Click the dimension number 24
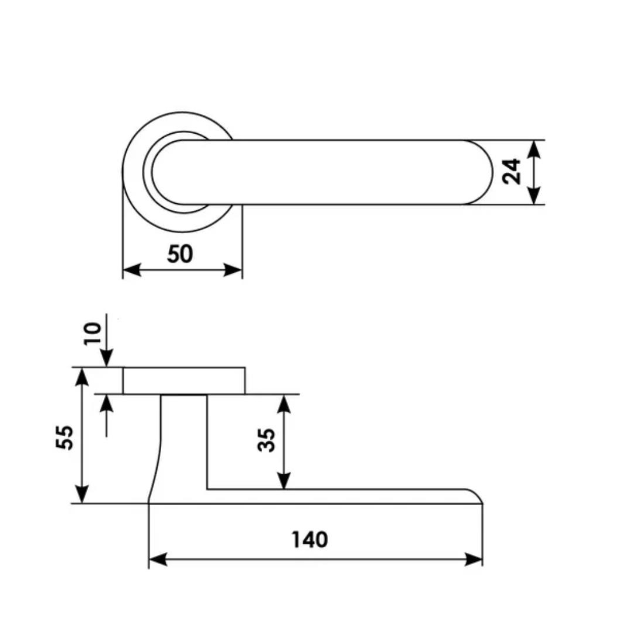[x=511, y=172]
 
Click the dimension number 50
[x=180, y=254]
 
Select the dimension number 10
[x=92, y=333]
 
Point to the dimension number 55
[x=64, y=437]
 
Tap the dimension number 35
[x=266, y=440]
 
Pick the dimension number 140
[x=310, y=540]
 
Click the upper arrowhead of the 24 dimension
[x=535, y=149]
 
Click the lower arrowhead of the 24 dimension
[x=535, y=196]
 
